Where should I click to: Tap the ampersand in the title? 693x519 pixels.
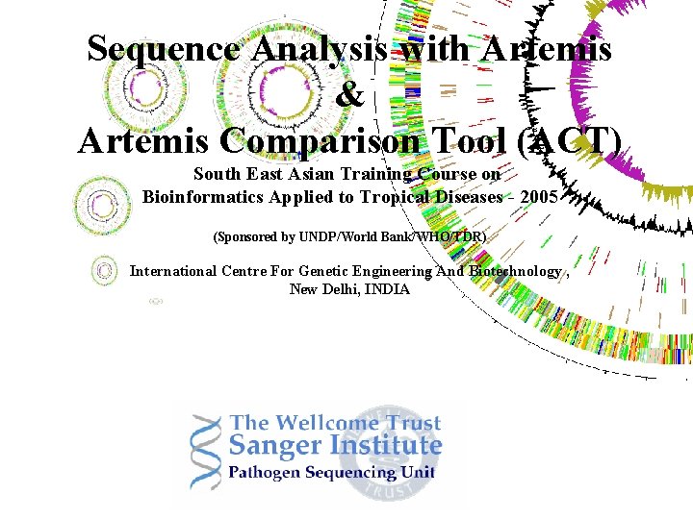[x=351, y=95]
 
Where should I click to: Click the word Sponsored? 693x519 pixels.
[x=254, y=236]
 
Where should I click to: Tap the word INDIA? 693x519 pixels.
[x=388, y=289]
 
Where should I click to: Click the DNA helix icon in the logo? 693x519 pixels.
[x=204, y=451]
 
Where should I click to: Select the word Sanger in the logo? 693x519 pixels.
[x=275, y=447]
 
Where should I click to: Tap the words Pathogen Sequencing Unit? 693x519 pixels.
[x=331, y=473]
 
